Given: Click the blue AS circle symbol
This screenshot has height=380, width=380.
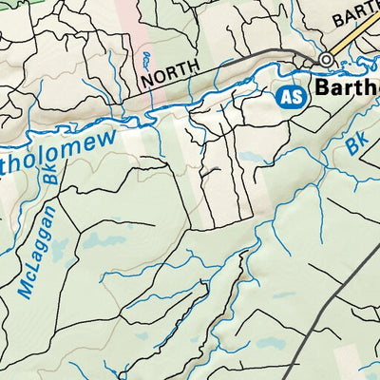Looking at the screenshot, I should tap(292, 96).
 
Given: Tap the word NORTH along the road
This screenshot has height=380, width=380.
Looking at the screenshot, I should tap(172, 73).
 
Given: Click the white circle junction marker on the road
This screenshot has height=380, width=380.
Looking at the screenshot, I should tap(327, 59).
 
